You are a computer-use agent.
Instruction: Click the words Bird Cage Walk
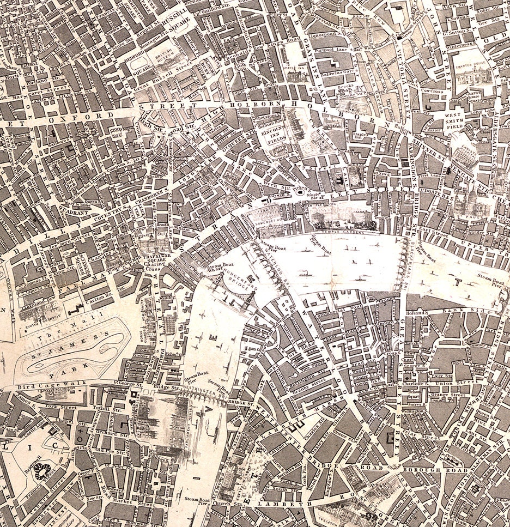tap(44, 386)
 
